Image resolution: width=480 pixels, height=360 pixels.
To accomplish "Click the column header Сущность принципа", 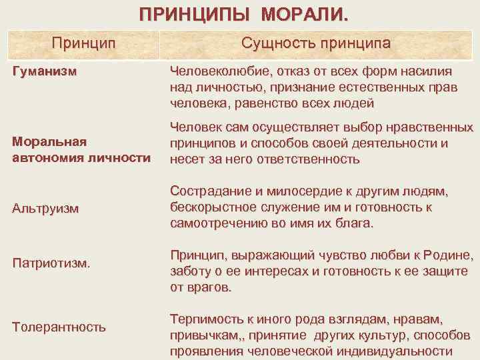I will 317,44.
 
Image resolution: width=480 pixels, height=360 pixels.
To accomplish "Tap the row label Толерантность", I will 59,327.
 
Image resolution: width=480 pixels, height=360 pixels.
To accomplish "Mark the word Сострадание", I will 207,192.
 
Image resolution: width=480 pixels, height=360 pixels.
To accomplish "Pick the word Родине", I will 448,256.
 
